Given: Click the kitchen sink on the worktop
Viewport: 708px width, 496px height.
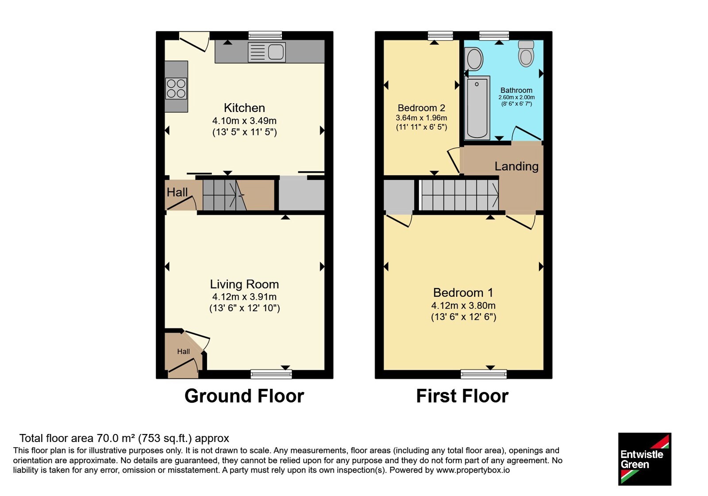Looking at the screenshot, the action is coord(267,52).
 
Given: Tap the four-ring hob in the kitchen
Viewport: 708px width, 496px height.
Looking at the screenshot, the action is coord(177,89).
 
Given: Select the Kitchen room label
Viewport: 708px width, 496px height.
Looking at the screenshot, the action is coord(244,108).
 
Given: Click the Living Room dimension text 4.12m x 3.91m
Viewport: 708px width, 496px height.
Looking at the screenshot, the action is coord(244,297).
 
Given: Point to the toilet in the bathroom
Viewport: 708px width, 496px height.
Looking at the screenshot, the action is coord(526,53).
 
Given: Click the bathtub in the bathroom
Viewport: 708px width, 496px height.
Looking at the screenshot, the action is coord(477,108).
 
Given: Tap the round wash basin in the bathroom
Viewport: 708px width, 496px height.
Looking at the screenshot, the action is coord(474,59).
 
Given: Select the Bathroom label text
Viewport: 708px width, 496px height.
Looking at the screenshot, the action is coord(516,90).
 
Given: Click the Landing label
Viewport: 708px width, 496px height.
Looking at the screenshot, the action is coord(516,166).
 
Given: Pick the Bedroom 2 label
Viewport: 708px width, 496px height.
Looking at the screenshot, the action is coord(421,108).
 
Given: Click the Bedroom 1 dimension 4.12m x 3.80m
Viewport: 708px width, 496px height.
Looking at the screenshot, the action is coord(463,306).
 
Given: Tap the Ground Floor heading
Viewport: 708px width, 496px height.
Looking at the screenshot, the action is coord(244,396).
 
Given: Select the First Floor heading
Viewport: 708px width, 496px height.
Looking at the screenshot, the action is coord(462,396).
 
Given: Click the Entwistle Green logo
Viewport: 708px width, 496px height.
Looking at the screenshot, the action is coord(645,459).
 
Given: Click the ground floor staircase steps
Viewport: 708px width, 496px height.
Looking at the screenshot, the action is coord(224,195).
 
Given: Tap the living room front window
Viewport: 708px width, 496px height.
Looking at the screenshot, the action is coord(271,374).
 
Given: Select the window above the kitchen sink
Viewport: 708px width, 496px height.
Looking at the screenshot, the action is coord(265,35).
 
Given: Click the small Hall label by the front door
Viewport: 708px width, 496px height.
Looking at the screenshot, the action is coord(183,352).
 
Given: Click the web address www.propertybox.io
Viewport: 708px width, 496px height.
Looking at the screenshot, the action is coord(473,470).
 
